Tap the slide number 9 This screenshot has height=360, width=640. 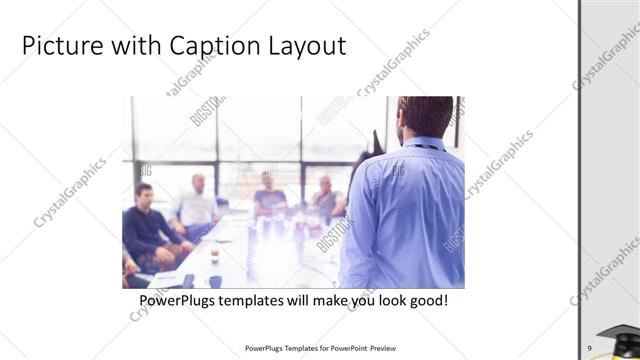pos(590,347)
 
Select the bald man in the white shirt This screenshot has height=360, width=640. pos(197,205)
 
